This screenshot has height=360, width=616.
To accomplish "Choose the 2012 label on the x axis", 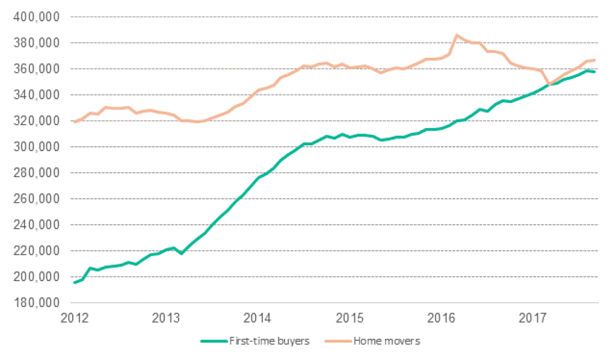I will coord(74,317).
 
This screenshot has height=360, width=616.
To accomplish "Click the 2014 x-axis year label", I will coord(259,317).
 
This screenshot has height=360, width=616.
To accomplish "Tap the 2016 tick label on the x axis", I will coord(445,317).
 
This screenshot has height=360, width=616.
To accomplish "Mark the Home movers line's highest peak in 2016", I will coord(456,36).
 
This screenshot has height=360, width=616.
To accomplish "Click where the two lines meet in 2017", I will coord(547,84).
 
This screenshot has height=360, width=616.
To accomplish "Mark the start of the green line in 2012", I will coord(75,282).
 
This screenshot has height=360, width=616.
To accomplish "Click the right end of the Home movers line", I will coord(595,60).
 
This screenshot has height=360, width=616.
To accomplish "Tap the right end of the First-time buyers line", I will coord(595,72).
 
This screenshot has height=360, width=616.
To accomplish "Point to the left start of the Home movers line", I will coord(75,122).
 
